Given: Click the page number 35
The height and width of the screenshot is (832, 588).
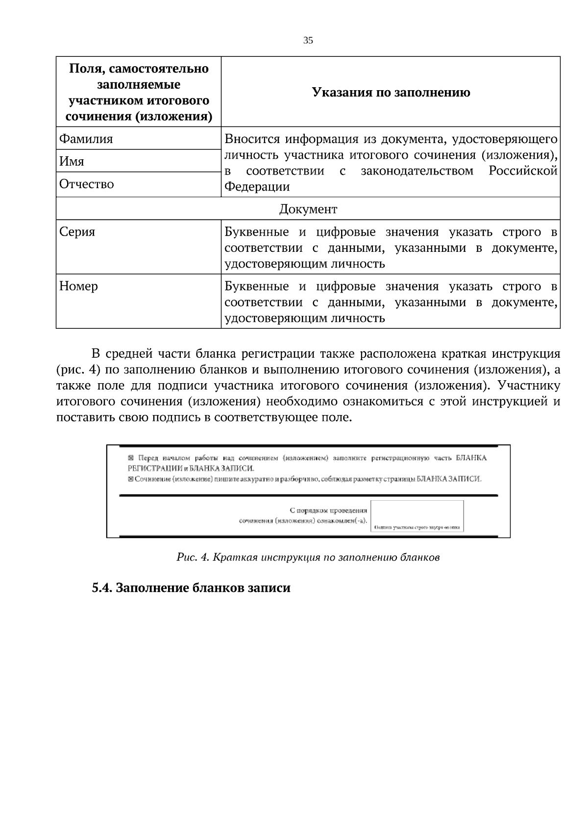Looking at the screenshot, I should (x=308, y=41).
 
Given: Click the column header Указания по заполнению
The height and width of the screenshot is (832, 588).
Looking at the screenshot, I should (x=391, y=92).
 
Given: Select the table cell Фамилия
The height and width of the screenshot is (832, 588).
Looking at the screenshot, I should (x=86, y=139).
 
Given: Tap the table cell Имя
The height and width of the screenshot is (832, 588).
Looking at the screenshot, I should (x=72, y=162).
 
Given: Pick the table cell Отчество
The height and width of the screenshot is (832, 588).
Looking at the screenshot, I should (x=87, y=184).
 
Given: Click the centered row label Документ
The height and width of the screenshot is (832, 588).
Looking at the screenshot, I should (x=308, y=210).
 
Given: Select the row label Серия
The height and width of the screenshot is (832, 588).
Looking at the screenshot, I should (x=77, y=232).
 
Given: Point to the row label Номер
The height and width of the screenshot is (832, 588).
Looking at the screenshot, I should (x=79, y=286).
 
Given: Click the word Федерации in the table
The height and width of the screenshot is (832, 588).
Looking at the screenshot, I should (x=257, y=187).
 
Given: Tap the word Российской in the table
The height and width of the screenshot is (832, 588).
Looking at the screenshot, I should (x=523, y=171).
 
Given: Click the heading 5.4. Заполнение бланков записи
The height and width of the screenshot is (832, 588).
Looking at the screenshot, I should (x=191, y=587).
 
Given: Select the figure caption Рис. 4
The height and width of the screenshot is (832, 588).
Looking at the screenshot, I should (x=308, y=557).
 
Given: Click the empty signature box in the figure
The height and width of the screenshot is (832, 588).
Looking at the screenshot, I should (x=416, y=513).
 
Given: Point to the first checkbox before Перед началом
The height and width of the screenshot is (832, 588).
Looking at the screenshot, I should (x=130, y=458).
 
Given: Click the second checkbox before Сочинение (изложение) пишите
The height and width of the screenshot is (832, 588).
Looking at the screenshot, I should (x=130, y=479).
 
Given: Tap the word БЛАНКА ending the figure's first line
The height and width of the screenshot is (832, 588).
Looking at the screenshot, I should (x=471, y=458).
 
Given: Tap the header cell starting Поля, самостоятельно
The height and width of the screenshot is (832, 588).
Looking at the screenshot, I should (x=139, y=92).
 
